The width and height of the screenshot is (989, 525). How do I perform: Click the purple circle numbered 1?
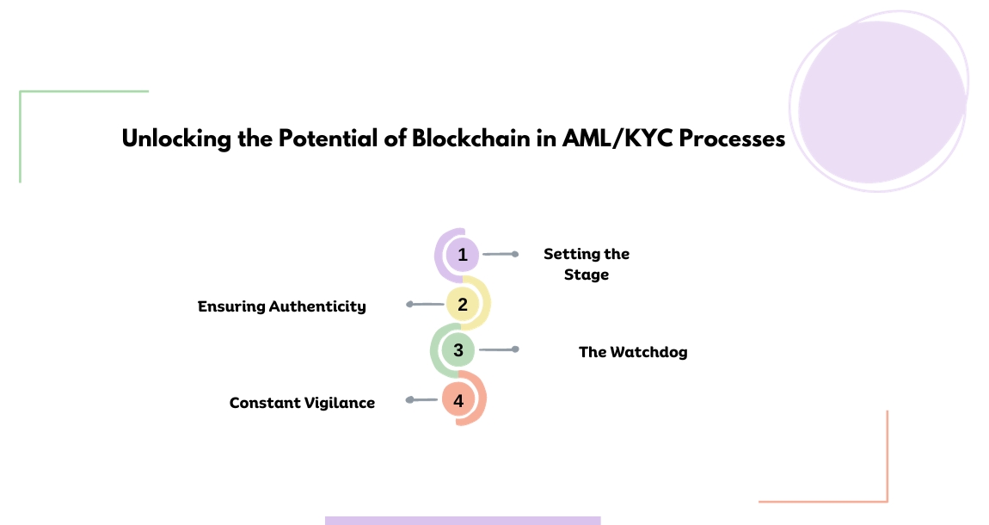(x=463, y=255)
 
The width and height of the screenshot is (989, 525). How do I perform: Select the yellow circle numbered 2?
(x=463, y=304)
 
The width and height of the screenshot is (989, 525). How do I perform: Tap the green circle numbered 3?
(x=458, y=350)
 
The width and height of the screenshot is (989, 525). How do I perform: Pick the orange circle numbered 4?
(x=458, y=400)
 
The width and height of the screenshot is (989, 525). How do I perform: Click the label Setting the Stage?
(x=587, y=264)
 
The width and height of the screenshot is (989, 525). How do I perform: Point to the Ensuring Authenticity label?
(x=282, y=306)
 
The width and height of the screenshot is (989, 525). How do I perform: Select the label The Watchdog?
(x=633, y=352)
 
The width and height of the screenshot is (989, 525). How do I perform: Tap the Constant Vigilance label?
(x=302, y=403)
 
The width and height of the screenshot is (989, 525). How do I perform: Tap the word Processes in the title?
(x=732, y=139)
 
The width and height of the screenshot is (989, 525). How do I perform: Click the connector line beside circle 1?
(x=499, y=255)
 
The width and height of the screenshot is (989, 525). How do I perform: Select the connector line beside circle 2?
(x=427, y=304)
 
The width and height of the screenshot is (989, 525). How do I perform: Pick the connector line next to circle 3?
(x=497, y=349)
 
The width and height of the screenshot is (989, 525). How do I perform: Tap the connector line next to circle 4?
(x=423, y=400)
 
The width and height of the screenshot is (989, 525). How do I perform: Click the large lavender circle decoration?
(x=879, y=102)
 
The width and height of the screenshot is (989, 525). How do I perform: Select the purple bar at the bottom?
(x=463, y=520)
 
